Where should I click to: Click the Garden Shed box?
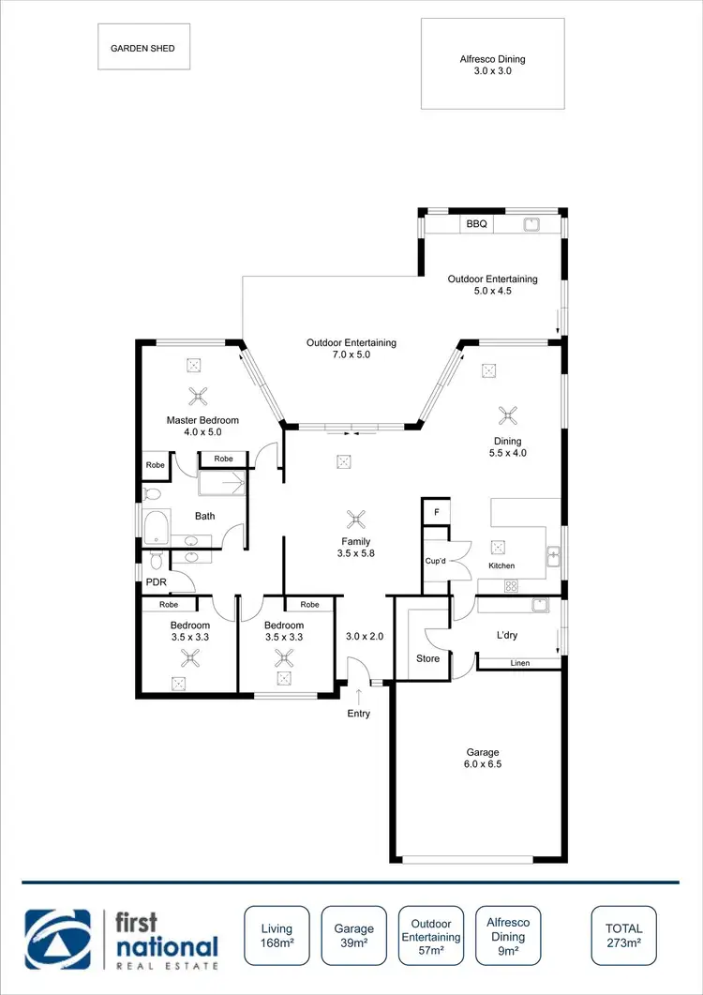[x=143, y=47]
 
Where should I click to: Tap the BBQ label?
[x=476, y=225]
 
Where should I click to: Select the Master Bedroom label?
[x=202, y=427]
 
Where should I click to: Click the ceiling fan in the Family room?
[x=356, y=520]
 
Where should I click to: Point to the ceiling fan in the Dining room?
[x=508, y=414]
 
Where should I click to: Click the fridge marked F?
[x=435, y=513]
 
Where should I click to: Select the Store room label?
[x=427, y=658]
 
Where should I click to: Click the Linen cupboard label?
[x=520, y=664]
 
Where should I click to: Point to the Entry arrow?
[x=359, y=697]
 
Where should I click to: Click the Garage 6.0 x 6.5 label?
[x=484, y=758]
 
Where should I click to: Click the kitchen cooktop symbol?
[x=512, y=586]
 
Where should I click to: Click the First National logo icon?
[x=58, y=938]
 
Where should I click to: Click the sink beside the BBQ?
[x=531, y=225]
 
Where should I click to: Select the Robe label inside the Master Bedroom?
[x=223, y=459]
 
